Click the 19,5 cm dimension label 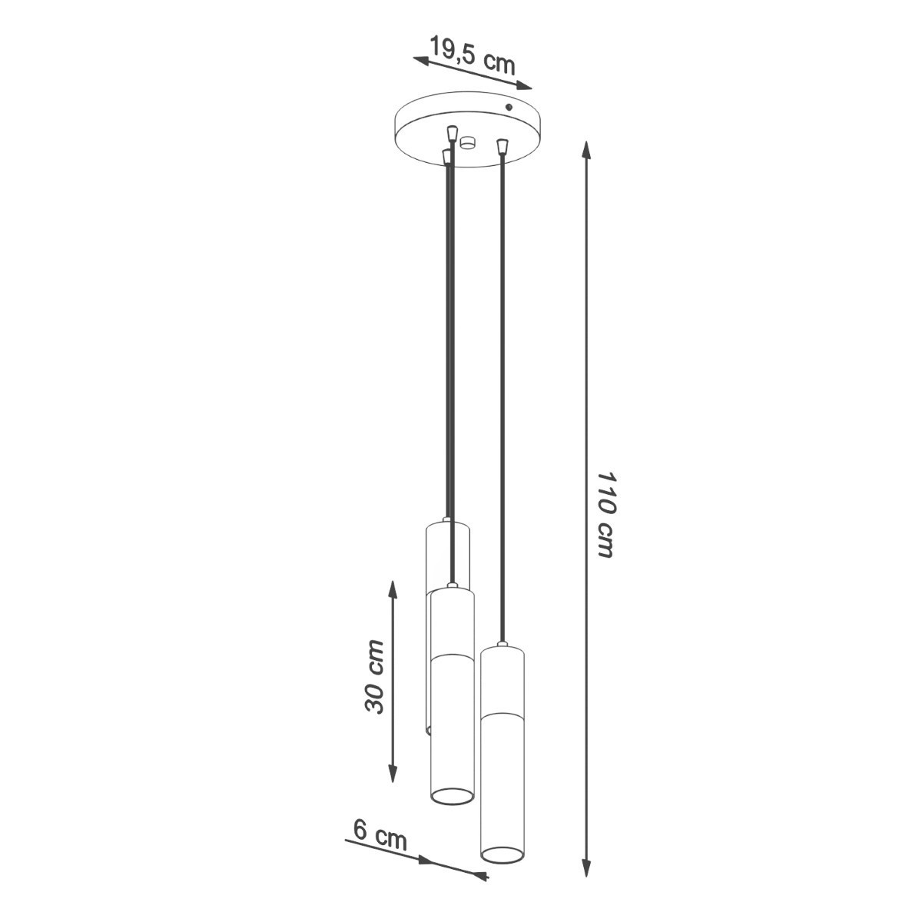(x=472, y=55)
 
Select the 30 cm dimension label (x=374, y=676)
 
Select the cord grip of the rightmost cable (x=502, y=144)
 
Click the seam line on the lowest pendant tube (x=502, y=715)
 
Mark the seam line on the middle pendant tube (x=452, y=656)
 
